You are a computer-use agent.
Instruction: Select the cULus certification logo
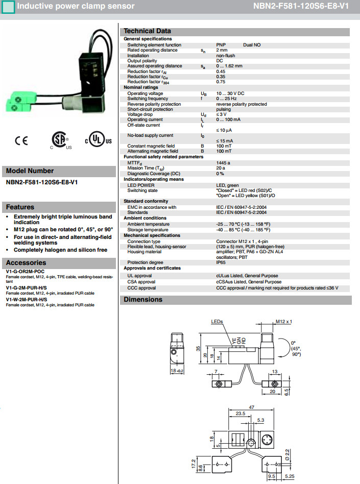point(98,140)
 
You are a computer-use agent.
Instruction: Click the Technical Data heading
point(147,31)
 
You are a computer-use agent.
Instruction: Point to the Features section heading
point(20,207)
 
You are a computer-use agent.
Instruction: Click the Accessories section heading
point(26,262)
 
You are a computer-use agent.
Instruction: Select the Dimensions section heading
point(142,300)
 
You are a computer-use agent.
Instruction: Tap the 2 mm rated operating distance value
point(222,50)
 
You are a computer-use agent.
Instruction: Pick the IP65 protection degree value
point(221,262)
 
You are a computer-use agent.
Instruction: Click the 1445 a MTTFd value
point(223,162)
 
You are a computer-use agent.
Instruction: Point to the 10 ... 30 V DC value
point(230,93)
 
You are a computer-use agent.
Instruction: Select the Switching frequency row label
point(148,99)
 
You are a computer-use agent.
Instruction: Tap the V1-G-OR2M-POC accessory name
point(26,271)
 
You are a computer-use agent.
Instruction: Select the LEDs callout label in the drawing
point(218,322)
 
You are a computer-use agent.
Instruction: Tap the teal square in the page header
point(8,7)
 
